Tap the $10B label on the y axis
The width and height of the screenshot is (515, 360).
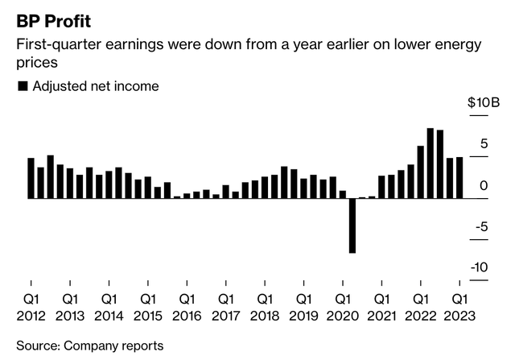[484, 103]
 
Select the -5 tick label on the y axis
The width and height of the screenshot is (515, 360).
[482, 227]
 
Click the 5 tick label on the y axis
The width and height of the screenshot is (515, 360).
[484, 144]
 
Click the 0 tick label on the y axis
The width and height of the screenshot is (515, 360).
[484, 185]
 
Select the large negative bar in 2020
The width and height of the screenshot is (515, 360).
[352, 226]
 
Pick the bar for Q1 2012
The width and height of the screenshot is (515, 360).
[31, 178]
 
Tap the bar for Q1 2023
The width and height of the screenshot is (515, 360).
[459, 177]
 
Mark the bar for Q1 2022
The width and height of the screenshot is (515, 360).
[420, 172]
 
